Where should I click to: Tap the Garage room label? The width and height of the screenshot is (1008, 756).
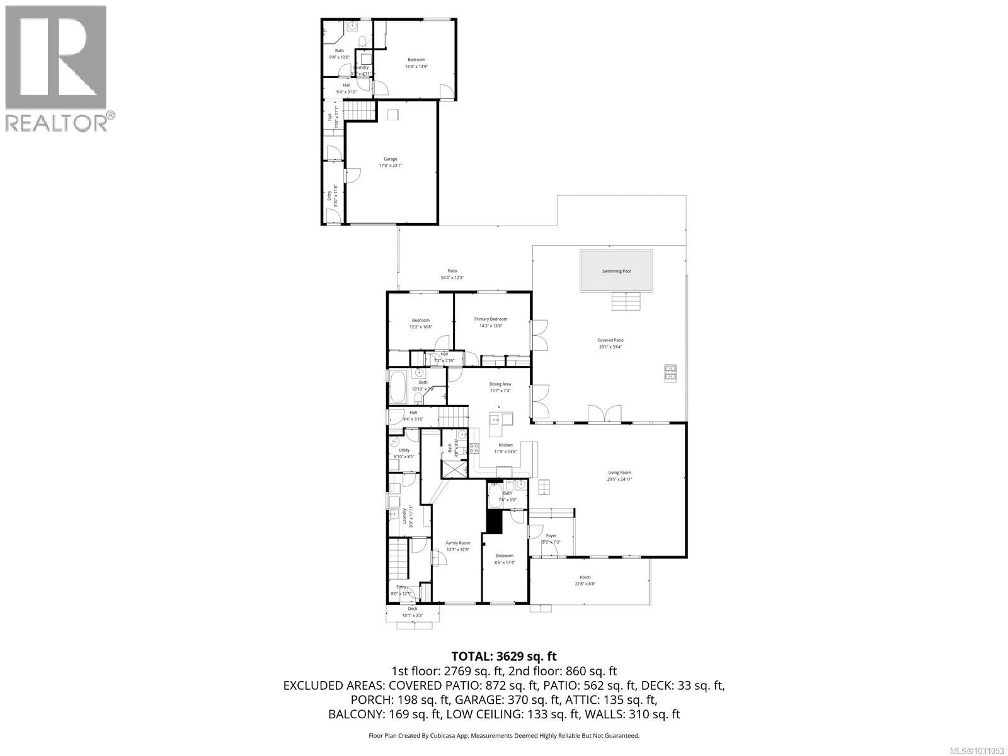click(x=391, y=159)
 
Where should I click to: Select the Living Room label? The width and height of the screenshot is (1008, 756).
click(x=619, y=472)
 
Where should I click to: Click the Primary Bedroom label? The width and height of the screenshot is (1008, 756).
click(x=491, y=319)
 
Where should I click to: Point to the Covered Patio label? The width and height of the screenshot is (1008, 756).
click(x=610, y=340)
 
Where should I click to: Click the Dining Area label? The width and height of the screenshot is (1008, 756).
click(x=500, y=384)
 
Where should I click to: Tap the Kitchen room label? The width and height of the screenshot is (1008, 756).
click(x=505, y=445)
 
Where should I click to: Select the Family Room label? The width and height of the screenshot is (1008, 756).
click(x=458, y=543)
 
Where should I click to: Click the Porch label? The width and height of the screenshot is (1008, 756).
click(x=585, y=578)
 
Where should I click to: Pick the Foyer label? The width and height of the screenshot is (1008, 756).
click(x=551, y=536)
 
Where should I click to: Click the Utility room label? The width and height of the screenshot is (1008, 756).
click(x=404, y=450)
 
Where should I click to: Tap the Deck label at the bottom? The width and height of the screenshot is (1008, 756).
click(x=413, y=609)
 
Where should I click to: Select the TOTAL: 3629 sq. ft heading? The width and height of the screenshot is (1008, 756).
click(x=504, y=657)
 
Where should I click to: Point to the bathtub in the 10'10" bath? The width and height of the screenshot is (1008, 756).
click(x=398, y=388)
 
